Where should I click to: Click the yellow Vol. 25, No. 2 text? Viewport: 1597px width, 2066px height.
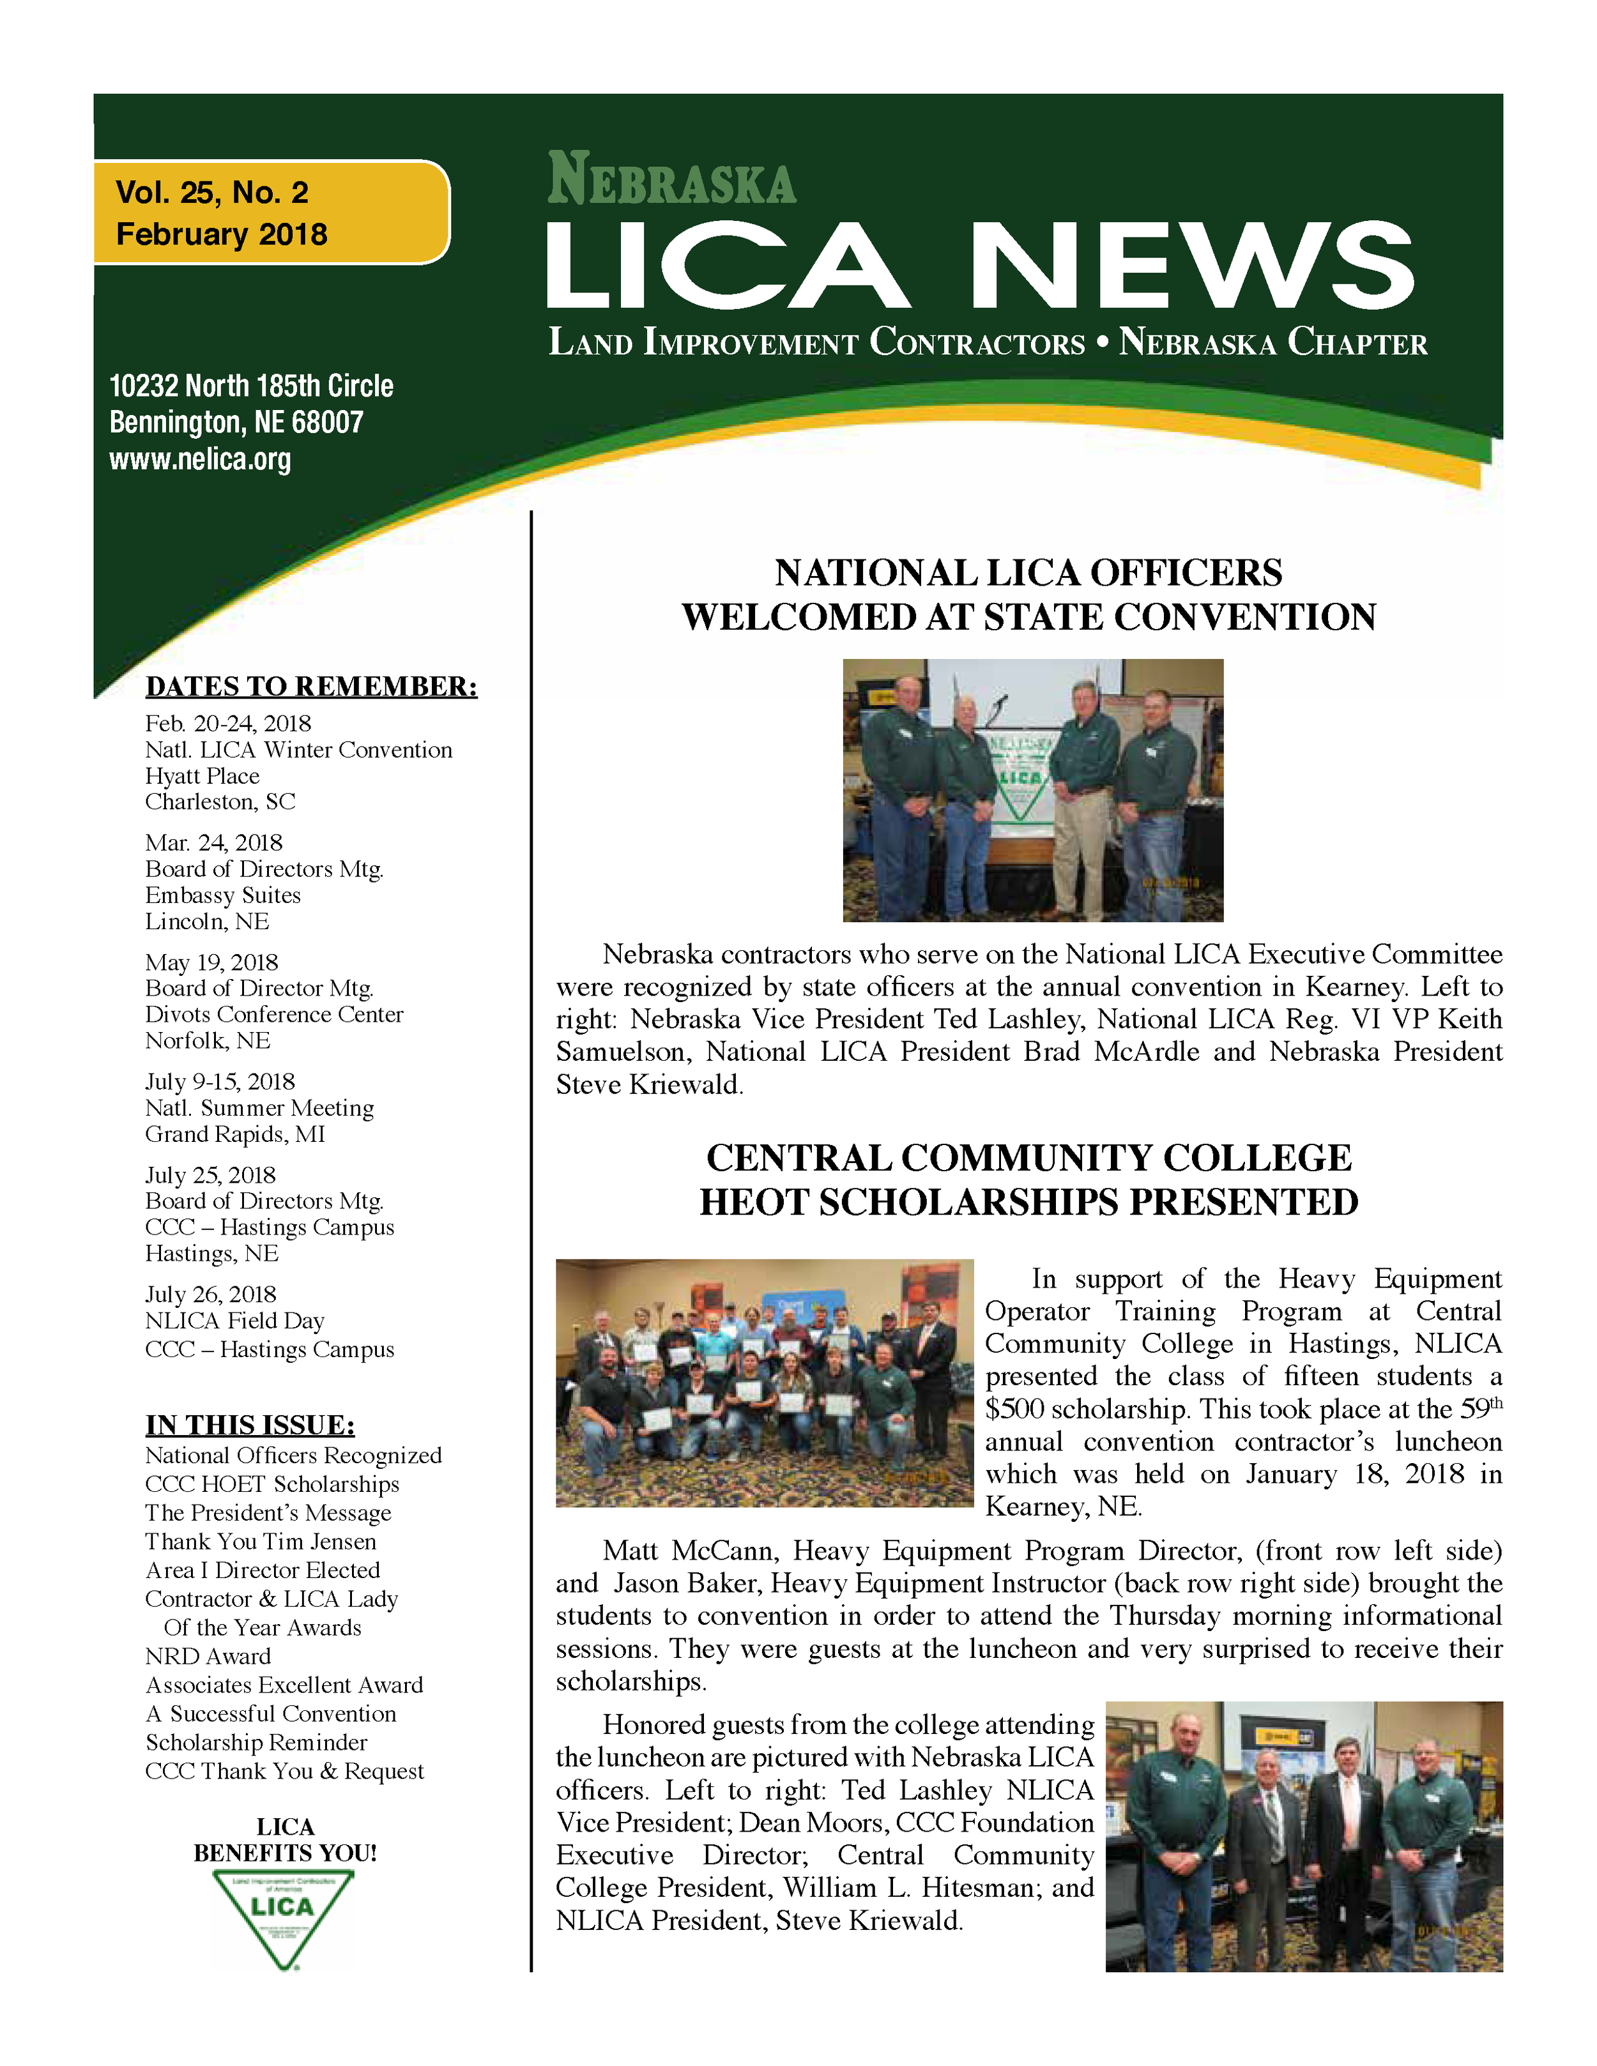pos(212,193)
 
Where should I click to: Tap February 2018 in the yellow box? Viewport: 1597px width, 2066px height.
pos(222,234)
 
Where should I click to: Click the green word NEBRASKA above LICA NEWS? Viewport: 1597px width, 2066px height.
pos(672,179)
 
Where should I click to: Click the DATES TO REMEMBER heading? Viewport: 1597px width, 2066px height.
pos(311,686)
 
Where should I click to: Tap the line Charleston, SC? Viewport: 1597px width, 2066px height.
pos(220,802)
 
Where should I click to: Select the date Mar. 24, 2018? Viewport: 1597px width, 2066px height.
pos(214,843)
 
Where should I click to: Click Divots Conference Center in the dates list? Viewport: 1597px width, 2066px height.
pos(273,1014)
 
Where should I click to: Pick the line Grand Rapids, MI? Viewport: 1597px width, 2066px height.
pos(234,1134)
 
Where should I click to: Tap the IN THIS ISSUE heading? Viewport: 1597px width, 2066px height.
pos(250,1425)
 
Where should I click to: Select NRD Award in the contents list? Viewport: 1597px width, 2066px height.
pos(208,1657)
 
